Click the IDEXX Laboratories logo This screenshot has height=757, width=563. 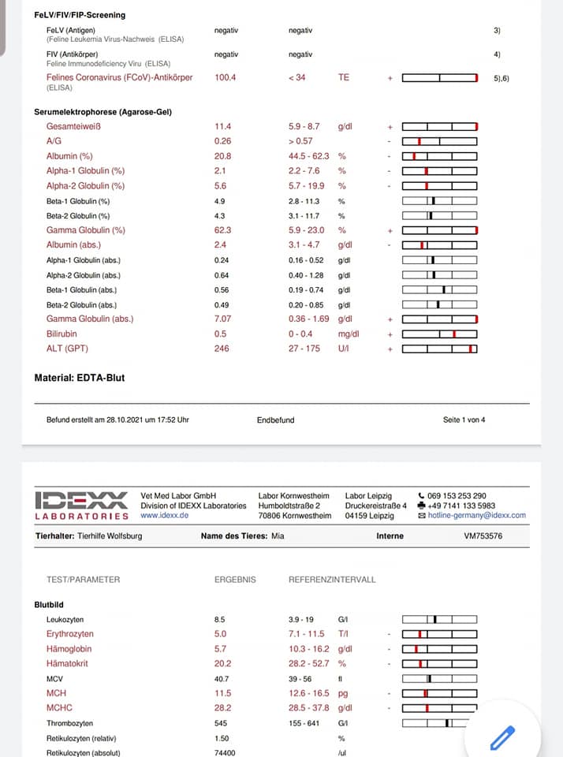pos(81,505)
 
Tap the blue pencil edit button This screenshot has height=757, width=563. pos(502,737)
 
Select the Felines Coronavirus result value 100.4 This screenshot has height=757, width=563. pos(225,77)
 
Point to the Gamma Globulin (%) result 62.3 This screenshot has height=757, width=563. pos(222,230)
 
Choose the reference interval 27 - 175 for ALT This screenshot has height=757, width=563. pos(304,349)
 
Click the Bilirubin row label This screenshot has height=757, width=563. pos(62,334)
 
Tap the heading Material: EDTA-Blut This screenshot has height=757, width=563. pos(79,378)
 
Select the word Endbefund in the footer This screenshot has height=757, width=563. pos(275,420)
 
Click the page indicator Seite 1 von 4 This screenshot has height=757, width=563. pos(464,420)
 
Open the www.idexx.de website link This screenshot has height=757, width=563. pos(164,516)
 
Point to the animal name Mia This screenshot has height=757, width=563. pos(277,536)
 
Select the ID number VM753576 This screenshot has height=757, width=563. pos(483,536)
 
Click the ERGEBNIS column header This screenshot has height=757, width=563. pos(235,580)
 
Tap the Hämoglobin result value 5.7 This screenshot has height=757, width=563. pos(220,648)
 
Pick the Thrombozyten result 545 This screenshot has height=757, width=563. pos(222,723)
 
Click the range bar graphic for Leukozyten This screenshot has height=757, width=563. pos(439,619)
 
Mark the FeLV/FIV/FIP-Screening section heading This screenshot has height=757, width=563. pos(80,15)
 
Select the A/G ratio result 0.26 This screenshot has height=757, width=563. pos(222,141)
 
